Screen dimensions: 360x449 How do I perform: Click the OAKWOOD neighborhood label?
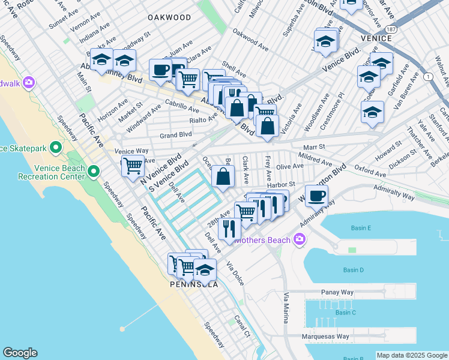click(169, 18)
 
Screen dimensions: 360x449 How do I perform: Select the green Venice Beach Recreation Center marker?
click(94, 172)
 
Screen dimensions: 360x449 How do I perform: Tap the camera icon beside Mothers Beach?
click(300, 241)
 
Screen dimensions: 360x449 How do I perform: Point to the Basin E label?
click(361, 228)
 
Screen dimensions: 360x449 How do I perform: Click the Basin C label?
click(346, 313)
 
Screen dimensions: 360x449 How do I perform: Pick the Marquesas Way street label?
click(325, 337)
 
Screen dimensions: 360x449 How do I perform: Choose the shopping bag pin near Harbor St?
click(223, 176)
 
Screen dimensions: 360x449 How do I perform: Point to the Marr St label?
click(313, 146)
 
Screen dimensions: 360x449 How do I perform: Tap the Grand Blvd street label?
click(175, 136)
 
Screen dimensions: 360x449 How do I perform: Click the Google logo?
click(20, 353)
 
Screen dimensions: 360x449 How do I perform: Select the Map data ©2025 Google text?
click(412, 355)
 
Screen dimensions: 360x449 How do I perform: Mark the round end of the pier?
click(122, 329)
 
